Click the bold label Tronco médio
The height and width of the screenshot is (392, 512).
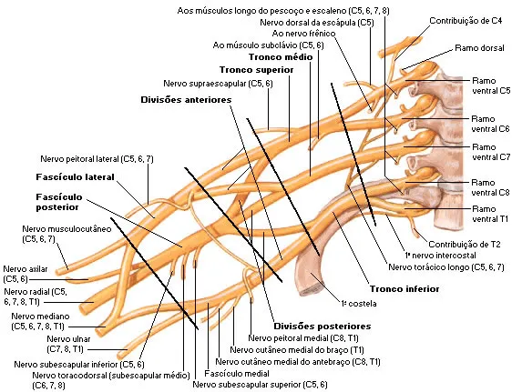(x=281, y=57)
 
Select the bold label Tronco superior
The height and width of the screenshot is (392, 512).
(x=256, y=70)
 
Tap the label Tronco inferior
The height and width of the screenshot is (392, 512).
(x=404, y=288)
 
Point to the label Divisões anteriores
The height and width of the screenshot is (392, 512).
(x=186, y=100)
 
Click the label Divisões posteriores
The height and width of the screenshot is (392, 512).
(x=323, y=327)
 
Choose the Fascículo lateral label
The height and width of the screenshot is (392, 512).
(x=75, y=177)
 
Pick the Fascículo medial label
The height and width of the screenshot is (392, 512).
(x=237, y=374)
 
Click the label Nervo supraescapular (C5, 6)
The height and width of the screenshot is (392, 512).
(x=218, y=84)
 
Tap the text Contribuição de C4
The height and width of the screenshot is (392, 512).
(x=466, y=21)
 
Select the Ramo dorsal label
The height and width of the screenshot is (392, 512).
(x=479, y=48)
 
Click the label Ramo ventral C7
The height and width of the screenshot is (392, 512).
(x=491, y=152)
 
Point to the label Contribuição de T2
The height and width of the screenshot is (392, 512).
(x=465, y=244)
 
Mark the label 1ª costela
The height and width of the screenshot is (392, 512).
(x=359, y=304)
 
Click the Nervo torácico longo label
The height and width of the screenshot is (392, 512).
(x=446, y=267)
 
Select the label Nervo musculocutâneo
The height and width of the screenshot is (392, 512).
(x=67, y=234)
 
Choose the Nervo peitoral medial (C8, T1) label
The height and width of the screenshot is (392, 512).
(x=303, y=338)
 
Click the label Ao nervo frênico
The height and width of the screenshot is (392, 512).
(x=303, y=34)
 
